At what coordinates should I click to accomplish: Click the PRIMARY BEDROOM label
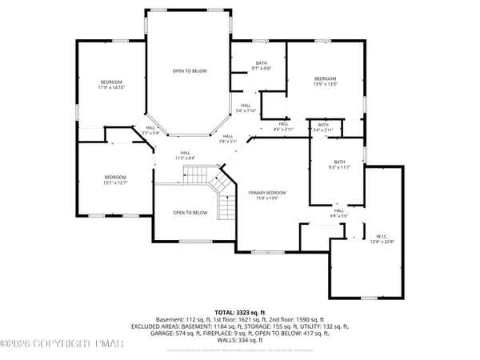[x=266, y=193]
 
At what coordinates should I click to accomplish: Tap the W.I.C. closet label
[x=381, y=236]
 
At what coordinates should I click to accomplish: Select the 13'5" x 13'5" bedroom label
[x=325, y=78]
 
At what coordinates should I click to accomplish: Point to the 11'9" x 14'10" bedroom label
[x=111, y=82]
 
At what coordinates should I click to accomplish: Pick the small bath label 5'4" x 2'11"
[x=323, y=125]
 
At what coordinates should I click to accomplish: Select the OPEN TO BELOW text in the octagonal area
[x=190, y=71]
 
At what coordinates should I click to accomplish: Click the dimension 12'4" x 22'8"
[x=381, y=241]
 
